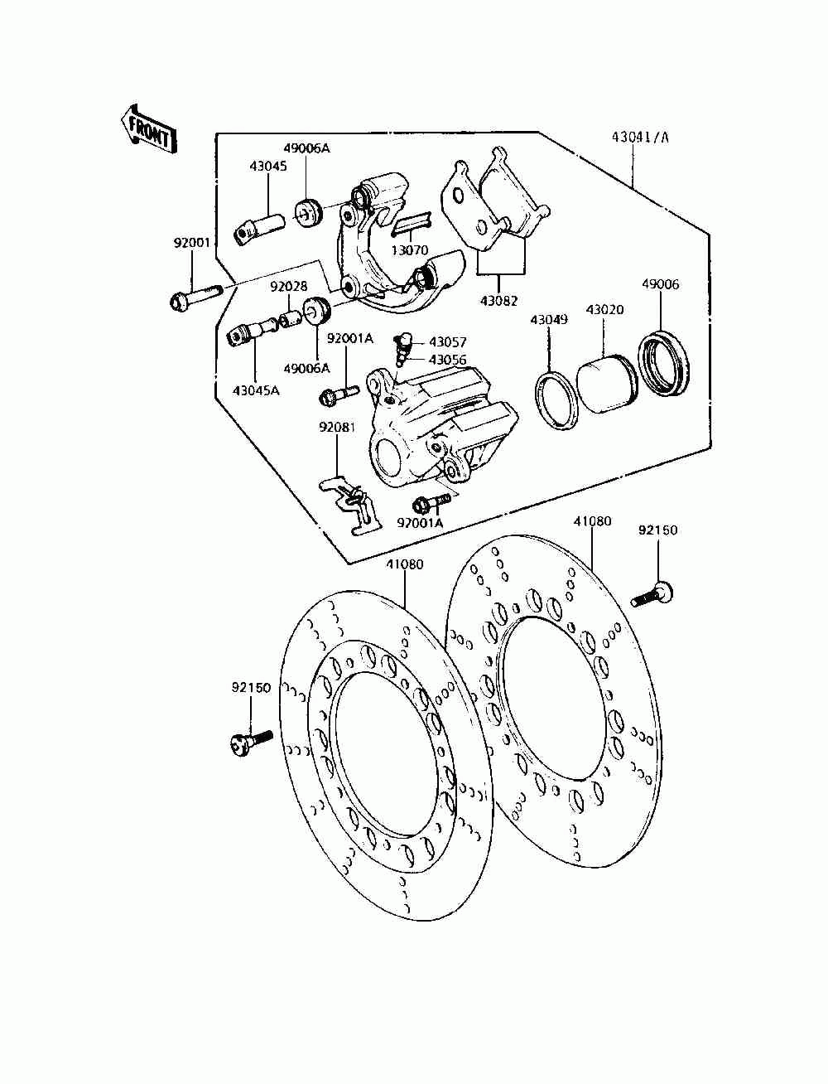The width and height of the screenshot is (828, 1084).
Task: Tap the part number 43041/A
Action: click(x=640, y=138)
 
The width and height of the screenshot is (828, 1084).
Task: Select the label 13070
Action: click(x=410, y=250)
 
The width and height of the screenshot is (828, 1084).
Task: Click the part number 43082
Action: click(x=499, y=301)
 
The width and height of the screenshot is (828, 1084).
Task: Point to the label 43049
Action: click(x=549, y=320)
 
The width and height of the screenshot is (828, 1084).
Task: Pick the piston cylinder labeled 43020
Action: click(x=608, y=382)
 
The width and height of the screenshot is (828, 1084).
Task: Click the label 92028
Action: click(x=289, y=287)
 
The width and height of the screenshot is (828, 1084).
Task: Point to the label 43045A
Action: click(x=256, y=391)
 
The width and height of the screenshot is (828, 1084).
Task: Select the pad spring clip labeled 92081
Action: click(x=351, y=505)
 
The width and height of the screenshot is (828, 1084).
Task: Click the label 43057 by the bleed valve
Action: click(x=448, y=341)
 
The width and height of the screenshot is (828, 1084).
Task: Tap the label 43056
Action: click(x=448, y=360)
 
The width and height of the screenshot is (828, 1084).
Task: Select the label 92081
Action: click(x=337, y=427)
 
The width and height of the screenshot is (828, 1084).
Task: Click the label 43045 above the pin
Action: click(x=268, y=166)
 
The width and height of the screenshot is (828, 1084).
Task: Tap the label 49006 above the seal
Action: click(x=661, y=284)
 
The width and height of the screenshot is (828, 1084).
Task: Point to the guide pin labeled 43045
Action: click(x=259, y=228)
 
